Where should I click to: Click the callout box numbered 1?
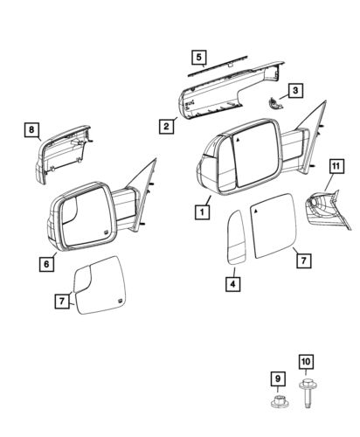[202, 211]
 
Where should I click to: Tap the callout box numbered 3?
[297, 90]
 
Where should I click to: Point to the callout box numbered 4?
[232, 282]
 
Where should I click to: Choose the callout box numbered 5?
[199, 59]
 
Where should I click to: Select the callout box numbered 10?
[306, 361]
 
